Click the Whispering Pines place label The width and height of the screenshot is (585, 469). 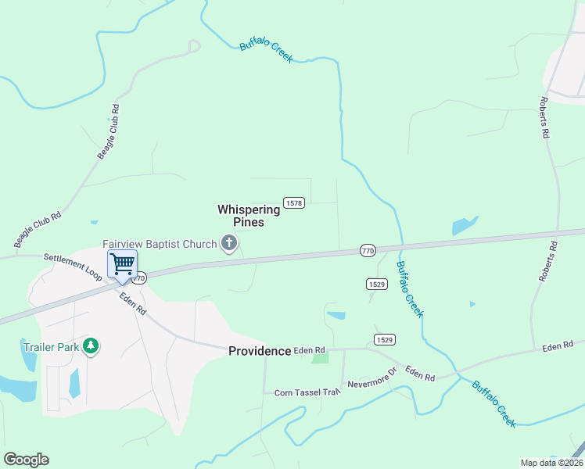[248, 216]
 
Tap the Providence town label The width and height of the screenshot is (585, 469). [260, 351]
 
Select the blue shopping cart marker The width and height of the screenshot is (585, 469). [122, 263]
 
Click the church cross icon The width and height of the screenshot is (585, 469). [229, 244]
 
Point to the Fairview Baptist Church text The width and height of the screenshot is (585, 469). [160, 245]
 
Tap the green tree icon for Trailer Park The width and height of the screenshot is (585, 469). [91, 345]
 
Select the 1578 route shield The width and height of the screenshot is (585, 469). [294, 202]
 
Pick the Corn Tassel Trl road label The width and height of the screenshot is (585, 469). [307, 392]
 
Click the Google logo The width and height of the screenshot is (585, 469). [26, 460]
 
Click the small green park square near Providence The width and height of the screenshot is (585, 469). [320, 358]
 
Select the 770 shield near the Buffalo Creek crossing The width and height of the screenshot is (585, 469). [368, 250]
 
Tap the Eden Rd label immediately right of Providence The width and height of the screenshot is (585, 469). [309, 351]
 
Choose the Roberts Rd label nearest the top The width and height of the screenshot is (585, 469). [544, 118]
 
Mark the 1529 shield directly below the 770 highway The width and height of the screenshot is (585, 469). [376, 284]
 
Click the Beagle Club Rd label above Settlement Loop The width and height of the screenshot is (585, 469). [38, 227]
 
